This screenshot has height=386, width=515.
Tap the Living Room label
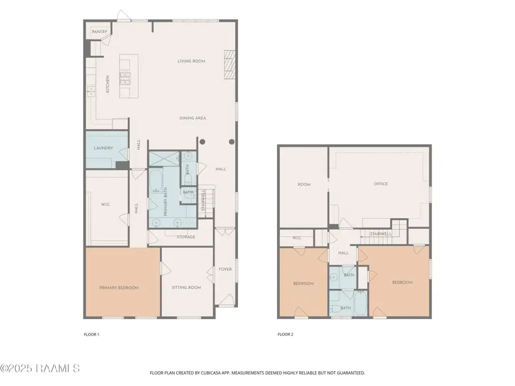coord(191,61)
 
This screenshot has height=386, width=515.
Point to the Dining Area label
coord(192,118)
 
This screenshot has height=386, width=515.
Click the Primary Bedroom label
coord(119,288)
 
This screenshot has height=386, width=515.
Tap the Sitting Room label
coord(186,288)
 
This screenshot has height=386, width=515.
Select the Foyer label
coord(225,269)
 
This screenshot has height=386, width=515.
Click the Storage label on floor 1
coord(185,237)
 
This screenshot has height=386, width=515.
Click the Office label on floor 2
coord(381,184)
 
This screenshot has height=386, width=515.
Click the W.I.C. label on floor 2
coord(296,237)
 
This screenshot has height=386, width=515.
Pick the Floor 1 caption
coord(92,335)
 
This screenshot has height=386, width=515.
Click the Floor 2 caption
coord(286,335)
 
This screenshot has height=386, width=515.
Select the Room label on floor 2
coord(303,184)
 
